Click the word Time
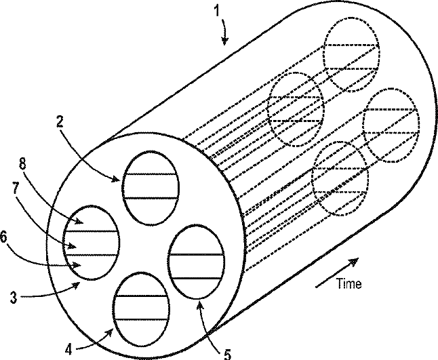[x=349, y=284]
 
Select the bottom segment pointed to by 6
[x=91, y=266]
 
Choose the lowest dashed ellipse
[x=340, y=178]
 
